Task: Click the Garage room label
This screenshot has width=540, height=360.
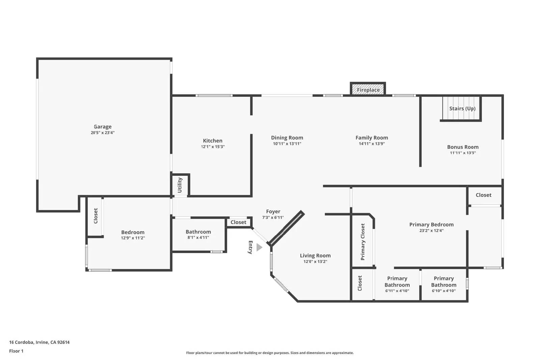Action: pyautogui.click(x=103, y=127)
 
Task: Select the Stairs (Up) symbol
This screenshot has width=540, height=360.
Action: pyautogui.click(x=462, y=109)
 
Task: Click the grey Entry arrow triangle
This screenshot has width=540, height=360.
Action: pyautogui.click(x=259, y=248)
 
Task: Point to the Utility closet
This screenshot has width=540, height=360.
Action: pyautogui.click(x=180, y=185)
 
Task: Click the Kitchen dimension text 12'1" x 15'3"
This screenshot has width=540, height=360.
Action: pyautogui.click(x=213, y=147)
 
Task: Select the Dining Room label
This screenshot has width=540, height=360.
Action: pyautogui.click(x=287, y=138)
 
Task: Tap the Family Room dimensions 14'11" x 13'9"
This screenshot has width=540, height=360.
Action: pyautogui.click(x=372, y=144)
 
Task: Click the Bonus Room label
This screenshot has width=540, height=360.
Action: pyautogui.click(x=462, y=147)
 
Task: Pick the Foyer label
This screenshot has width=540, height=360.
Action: pyautogui.click(x=273, y=212)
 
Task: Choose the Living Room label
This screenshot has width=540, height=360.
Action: pyautogui.click(x=315, y=256)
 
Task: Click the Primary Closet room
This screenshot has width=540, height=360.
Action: pyautogui.click(x=363, y=242)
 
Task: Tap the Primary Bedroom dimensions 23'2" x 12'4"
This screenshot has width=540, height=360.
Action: pyautogui.click(x=431, y=231)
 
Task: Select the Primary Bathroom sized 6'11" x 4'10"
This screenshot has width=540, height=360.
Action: pyautogui.click(x=397, y=284)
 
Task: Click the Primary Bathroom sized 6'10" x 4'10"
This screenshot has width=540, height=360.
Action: pyautogui.click(x=443, y=284)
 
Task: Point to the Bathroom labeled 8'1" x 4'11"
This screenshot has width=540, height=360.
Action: pyautogui.click(x=198, y=234)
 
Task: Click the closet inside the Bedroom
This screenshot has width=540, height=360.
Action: pyautogui.click(x=95, y=216)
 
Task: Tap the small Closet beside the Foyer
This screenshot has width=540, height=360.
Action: pyautogui.click(x=238, y=222)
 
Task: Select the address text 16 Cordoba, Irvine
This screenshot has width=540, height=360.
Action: pyautogui.click(x=39, y=342)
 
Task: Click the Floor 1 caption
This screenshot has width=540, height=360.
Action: pyautogui.click(x=16, y=351)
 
